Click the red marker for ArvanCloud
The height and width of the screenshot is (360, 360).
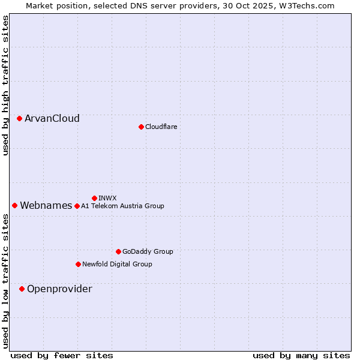point(20,119)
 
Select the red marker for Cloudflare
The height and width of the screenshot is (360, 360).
point(141,127)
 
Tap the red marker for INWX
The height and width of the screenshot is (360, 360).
point(94,198)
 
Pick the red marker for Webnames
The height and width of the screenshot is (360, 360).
point(15,206)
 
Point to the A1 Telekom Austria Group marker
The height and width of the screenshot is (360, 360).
point(77,206)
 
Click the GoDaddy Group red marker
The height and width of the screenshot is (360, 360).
point(118,252)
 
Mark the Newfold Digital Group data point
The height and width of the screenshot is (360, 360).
point(78,265)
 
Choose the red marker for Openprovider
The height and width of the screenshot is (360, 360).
point(22,289)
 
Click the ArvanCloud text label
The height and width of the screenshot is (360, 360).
point(52,119)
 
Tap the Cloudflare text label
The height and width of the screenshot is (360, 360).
point(161,127)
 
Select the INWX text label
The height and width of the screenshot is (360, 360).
point(107,198)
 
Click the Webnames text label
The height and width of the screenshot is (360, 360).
point(46,206)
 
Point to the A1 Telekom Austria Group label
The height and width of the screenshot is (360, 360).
point(122,206)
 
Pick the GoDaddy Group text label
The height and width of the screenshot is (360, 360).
point(148,252)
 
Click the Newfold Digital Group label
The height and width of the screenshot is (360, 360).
point(117,265)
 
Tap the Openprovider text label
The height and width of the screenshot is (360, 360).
point(59,289)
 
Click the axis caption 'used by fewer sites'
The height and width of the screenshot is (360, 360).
point(62,356)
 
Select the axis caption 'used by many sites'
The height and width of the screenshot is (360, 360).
point(301,356)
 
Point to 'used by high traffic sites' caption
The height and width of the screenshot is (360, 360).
point(6,85)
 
